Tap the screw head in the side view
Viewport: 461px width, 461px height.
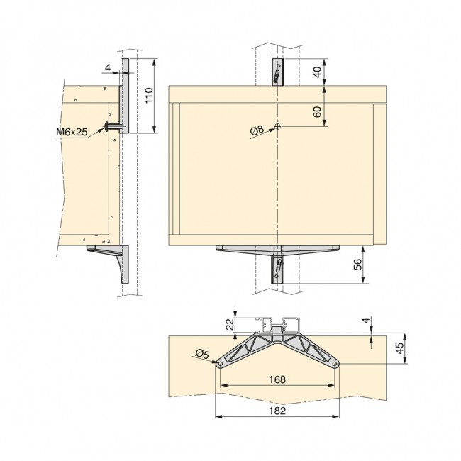click(x=109, y=127)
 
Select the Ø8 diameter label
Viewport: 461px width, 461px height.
click(x=257, y=129)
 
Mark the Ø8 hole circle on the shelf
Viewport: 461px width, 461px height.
click(x=277, y=127)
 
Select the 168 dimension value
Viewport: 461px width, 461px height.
click(x=277, y=379)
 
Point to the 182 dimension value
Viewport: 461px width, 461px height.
click(x=277, y=409)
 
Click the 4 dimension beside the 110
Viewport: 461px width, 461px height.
click(x=107, y=69)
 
